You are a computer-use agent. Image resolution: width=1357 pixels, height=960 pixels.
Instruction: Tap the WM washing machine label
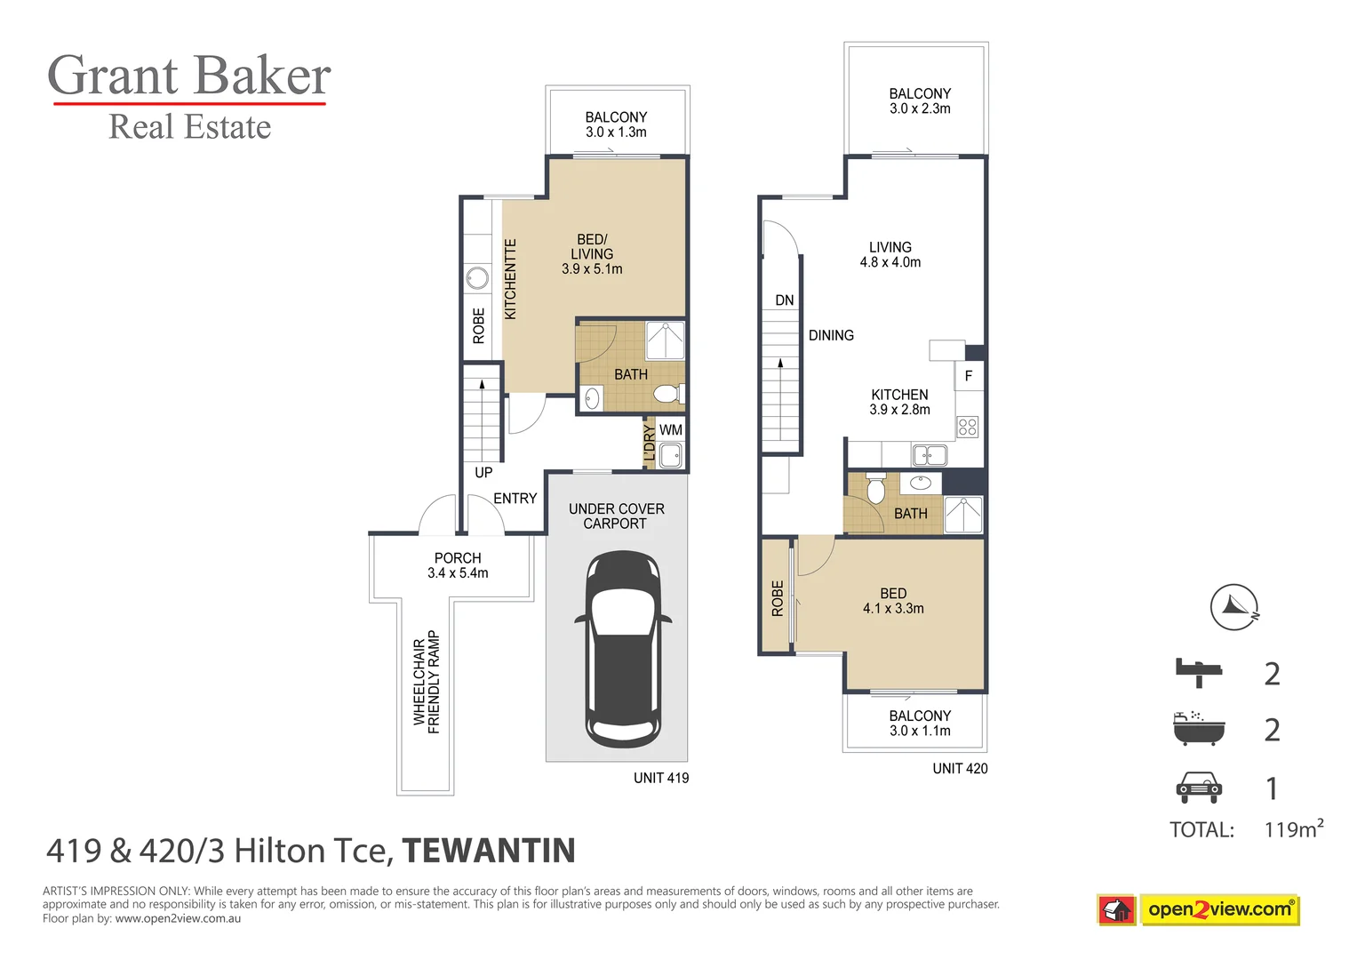point(671,429)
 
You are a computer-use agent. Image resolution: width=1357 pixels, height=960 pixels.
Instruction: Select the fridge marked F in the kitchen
point(969,376)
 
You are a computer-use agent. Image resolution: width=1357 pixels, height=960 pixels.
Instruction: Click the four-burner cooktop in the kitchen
point(968,427)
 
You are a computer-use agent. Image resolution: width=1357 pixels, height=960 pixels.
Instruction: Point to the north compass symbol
point(1234,607)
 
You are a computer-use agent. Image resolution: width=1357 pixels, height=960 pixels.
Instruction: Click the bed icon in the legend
point(1199,673)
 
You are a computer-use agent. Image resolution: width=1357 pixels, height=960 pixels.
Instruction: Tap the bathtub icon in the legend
point(1199,729)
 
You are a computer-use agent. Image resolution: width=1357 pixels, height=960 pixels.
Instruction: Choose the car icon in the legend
point(1199,788)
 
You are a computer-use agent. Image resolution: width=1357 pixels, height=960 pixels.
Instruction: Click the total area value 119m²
point(1293,828)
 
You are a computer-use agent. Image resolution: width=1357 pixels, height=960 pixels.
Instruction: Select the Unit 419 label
point(661,778)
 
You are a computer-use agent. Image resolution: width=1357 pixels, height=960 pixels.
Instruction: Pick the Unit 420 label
point(960,769)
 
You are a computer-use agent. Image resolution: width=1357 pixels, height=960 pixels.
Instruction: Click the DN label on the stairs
point(785,300)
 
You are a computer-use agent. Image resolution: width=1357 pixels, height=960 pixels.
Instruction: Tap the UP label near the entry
point(483,472)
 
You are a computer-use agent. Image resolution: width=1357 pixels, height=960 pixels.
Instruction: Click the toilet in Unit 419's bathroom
point(668,394)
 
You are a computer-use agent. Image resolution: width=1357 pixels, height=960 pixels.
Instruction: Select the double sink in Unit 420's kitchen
point(930,454)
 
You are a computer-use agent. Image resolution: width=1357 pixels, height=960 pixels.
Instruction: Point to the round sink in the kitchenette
point(477,279)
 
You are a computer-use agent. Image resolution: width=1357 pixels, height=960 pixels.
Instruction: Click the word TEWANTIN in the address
point(489,851)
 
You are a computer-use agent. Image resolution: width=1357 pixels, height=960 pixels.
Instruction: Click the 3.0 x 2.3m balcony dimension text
point(920,108)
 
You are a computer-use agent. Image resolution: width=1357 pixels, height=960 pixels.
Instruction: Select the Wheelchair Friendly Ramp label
point(427,682)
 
